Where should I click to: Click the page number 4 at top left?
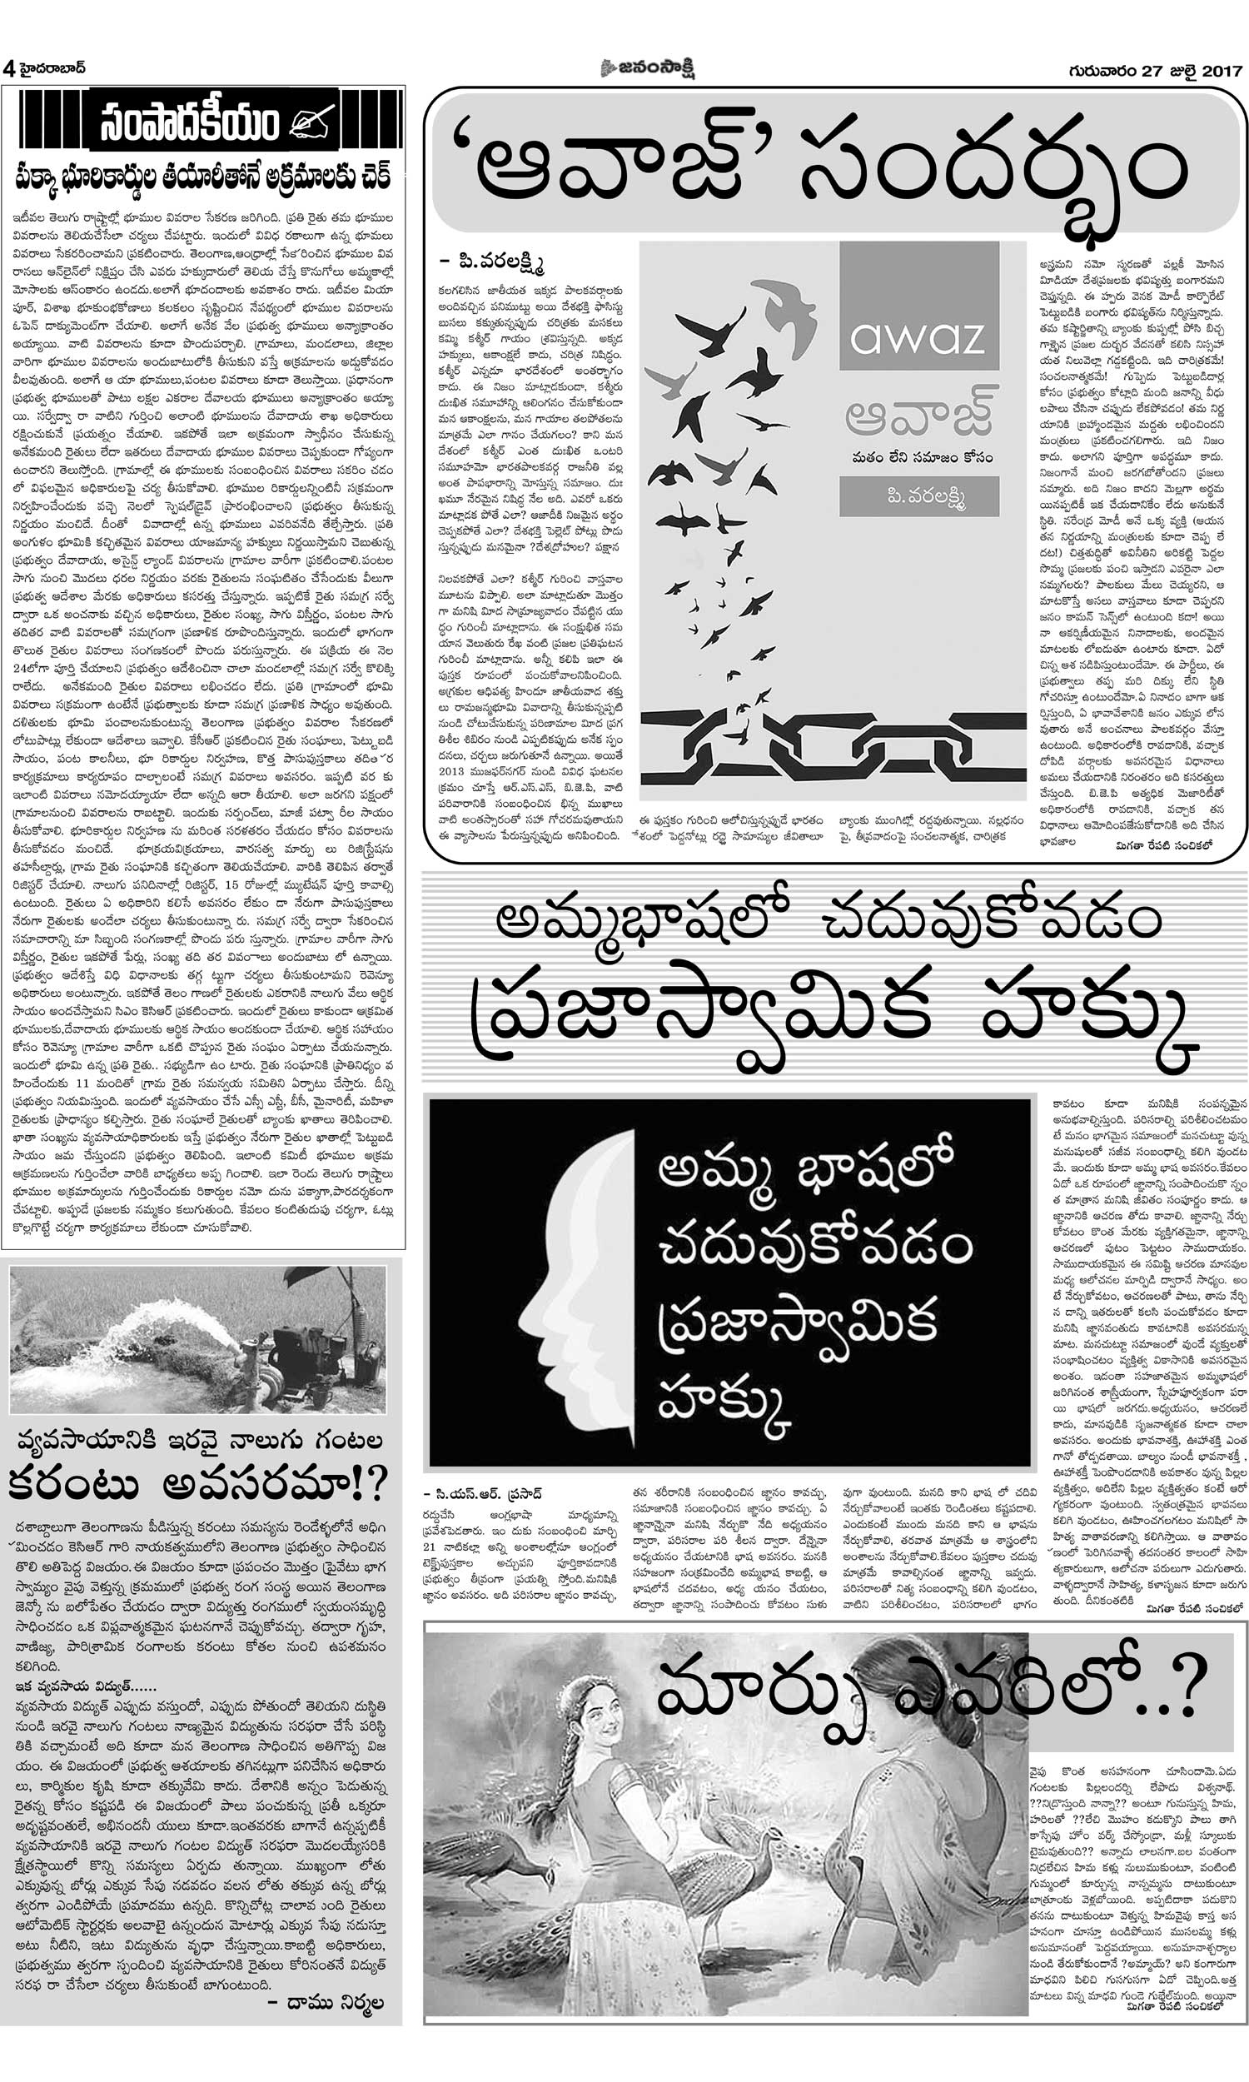pos(9,69)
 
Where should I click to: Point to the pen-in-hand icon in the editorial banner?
pos(311,123)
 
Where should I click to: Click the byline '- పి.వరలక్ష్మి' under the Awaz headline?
pos(492,264)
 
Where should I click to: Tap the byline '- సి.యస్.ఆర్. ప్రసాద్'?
pos(484,1494)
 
